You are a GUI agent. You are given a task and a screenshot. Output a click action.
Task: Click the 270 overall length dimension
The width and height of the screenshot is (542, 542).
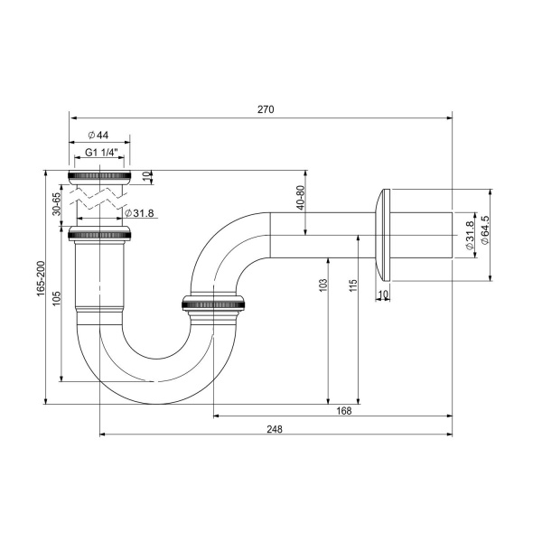click(265, 109)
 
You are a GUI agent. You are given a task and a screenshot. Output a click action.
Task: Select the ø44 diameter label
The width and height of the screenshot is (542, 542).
click(98, 135)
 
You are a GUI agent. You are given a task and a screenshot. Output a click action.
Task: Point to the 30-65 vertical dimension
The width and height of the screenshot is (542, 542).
click(56, 202)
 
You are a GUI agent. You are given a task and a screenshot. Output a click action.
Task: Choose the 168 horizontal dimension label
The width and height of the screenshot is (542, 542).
click(343, 410)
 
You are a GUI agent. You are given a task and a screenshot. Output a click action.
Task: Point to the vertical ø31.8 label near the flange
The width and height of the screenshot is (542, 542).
click(469, 236)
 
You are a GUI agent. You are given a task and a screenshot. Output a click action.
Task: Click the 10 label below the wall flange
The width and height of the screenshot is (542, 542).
click(383, 294)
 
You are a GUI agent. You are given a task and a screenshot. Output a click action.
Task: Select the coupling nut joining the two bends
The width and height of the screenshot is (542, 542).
click(214, 304)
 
